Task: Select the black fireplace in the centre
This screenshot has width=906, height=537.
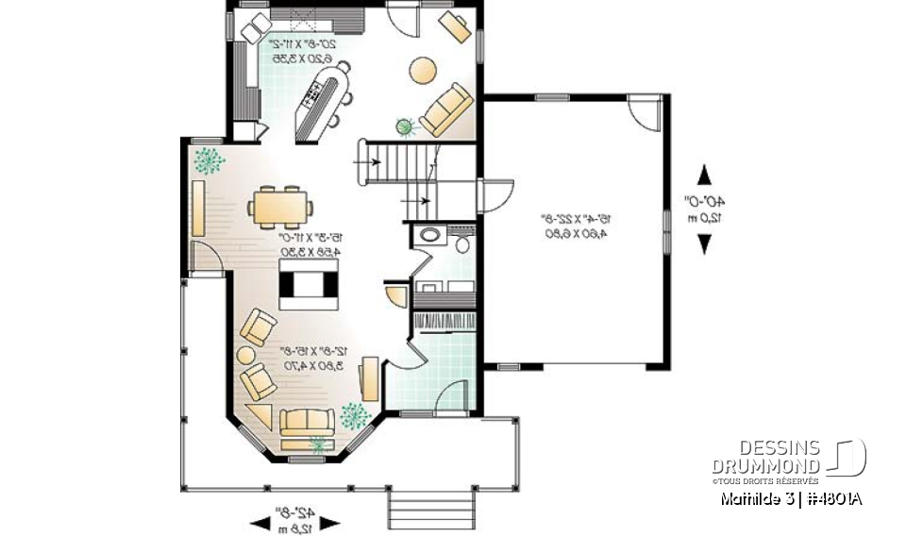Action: coord(308,284)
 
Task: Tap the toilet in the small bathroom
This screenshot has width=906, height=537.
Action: coord(461,243)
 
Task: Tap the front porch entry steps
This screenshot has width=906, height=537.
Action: coord(430,511)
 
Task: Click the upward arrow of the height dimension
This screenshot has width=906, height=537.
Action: coord(704,175)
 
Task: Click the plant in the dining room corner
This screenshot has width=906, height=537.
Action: coord(208,159)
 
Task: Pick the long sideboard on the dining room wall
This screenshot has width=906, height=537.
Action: coord(198,209)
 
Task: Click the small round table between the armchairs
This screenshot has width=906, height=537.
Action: coord(244,356)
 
